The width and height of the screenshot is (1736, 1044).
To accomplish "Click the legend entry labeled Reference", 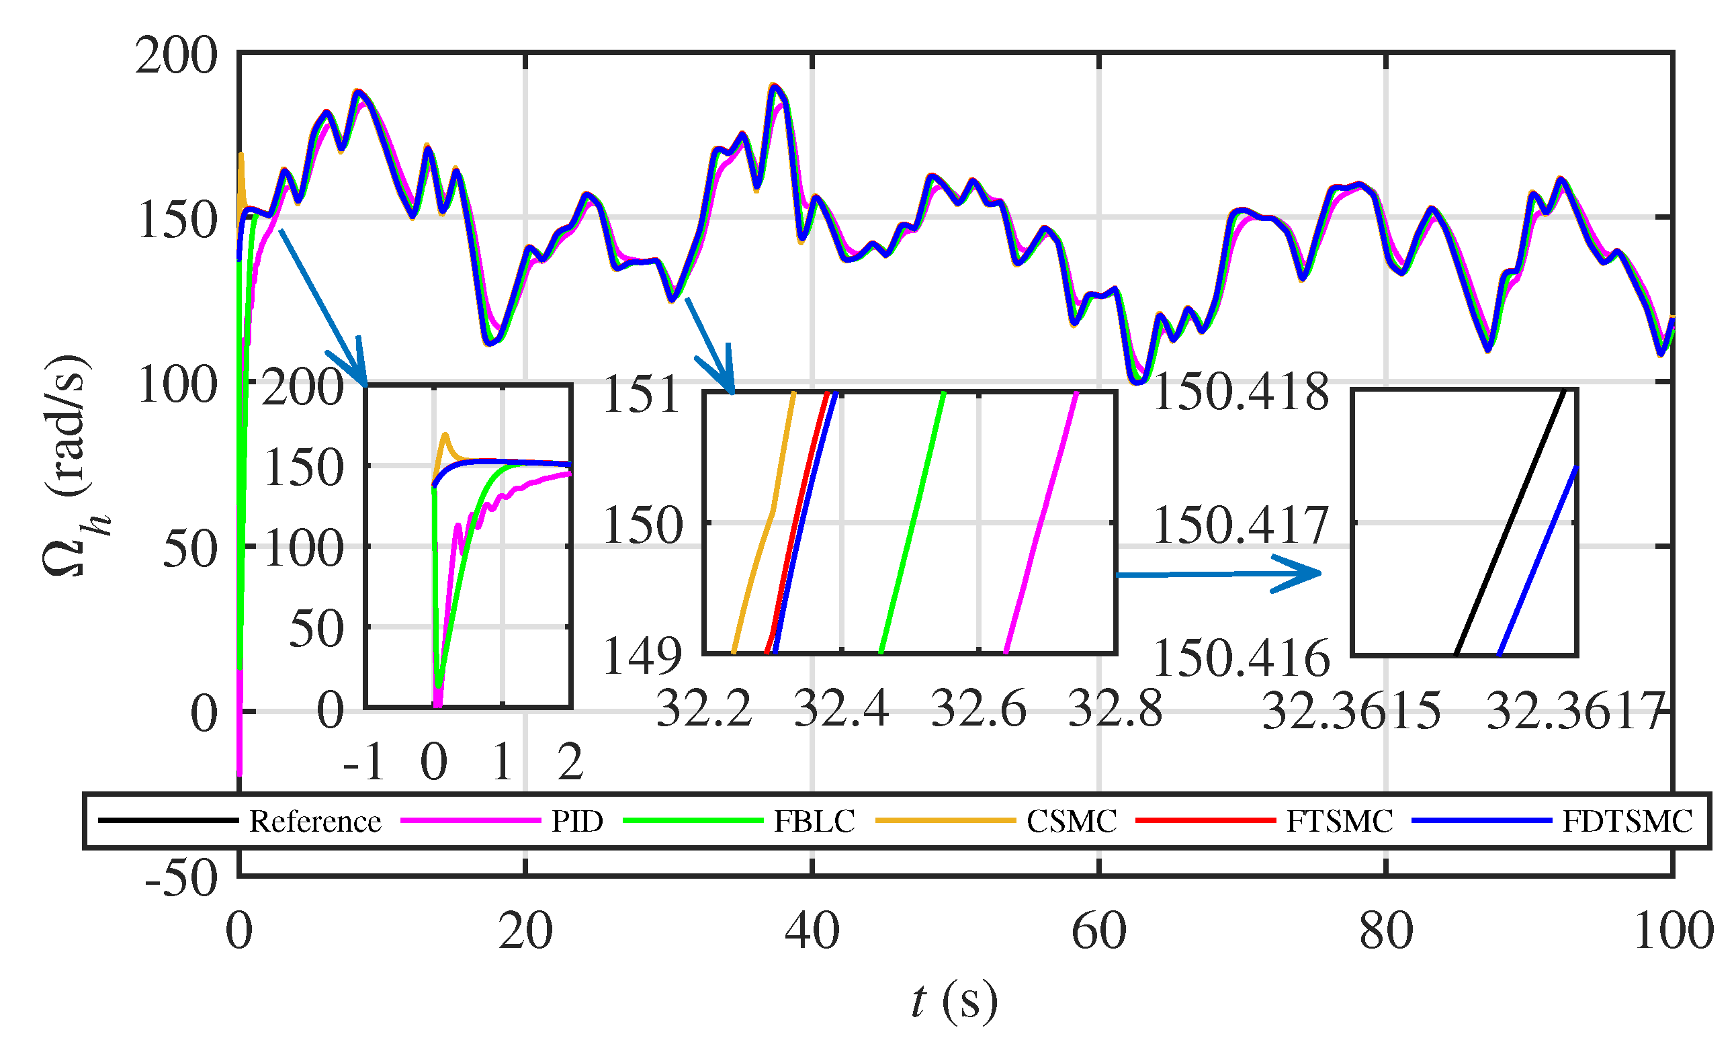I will (314, 821).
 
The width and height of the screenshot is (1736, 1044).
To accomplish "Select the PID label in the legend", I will (577, 821).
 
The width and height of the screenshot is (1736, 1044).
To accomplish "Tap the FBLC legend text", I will (814, 821).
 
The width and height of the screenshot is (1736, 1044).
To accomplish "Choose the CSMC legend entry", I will (1071, 821).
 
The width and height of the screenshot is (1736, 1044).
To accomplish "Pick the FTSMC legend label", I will (1339, 821).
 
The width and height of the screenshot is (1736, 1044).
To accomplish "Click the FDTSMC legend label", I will (1627, 821).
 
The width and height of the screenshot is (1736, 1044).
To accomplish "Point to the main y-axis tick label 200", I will (177, 56).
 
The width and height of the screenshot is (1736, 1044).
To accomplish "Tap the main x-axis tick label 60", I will (1098, 932).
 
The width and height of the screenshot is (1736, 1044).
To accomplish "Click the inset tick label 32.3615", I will (1351, 711).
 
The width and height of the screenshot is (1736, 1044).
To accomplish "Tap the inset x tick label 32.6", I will (978, 709).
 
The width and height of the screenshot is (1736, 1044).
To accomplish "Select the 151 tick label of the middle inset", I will (642, 394).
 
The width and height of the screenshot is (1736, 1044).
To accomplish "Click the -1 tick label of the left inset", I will (364, 762).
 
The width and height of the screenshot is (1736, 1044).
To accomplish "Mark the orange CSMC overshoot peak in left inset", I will (445, 435).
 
